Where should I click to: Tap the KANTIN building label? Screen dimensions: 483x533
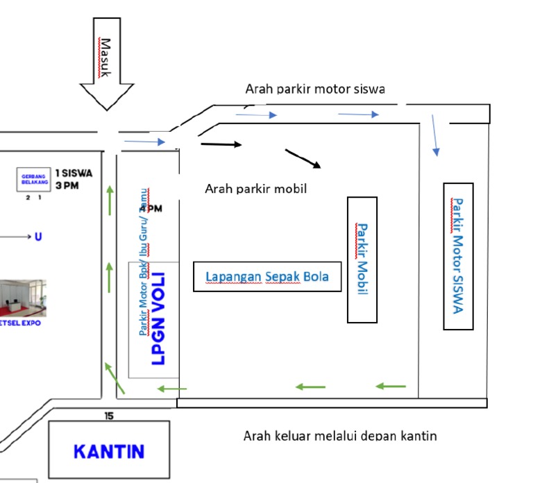(x=109, y=451)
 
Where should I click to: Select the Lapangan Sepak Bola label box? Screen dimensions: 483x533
(x=267, y=277)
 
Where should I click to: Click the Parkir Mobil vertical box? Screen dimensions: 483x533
(x=362, y=260)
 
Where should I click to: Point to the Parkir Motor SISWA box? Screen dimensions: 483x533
(x=458, y=256)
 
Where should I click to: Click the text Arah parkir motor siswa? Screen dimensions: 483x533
(x=315, y=89)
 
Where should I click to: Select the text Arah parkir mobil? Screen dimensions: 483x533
(x=255, y=188)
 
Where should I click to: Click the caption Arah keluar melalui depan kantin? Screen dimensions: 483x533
(x=340, y=436)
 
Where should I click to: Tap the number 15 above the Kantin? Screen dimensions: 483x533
(x=109, y=416)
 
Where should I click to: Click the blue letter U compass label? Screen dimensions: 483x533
(x=37, y=237)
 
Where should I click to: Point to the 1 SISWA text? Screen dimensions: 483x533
(x=74, y=173)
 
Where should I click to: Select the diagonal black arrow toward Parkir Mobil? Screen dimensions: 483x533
(x=303, y=158)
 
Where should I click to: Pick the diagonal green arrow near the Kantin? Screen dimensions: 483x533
(x=114, y=378)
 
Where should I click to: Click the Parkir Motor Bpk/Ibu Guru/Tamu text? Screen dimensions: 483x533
(x=143, y=264)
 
